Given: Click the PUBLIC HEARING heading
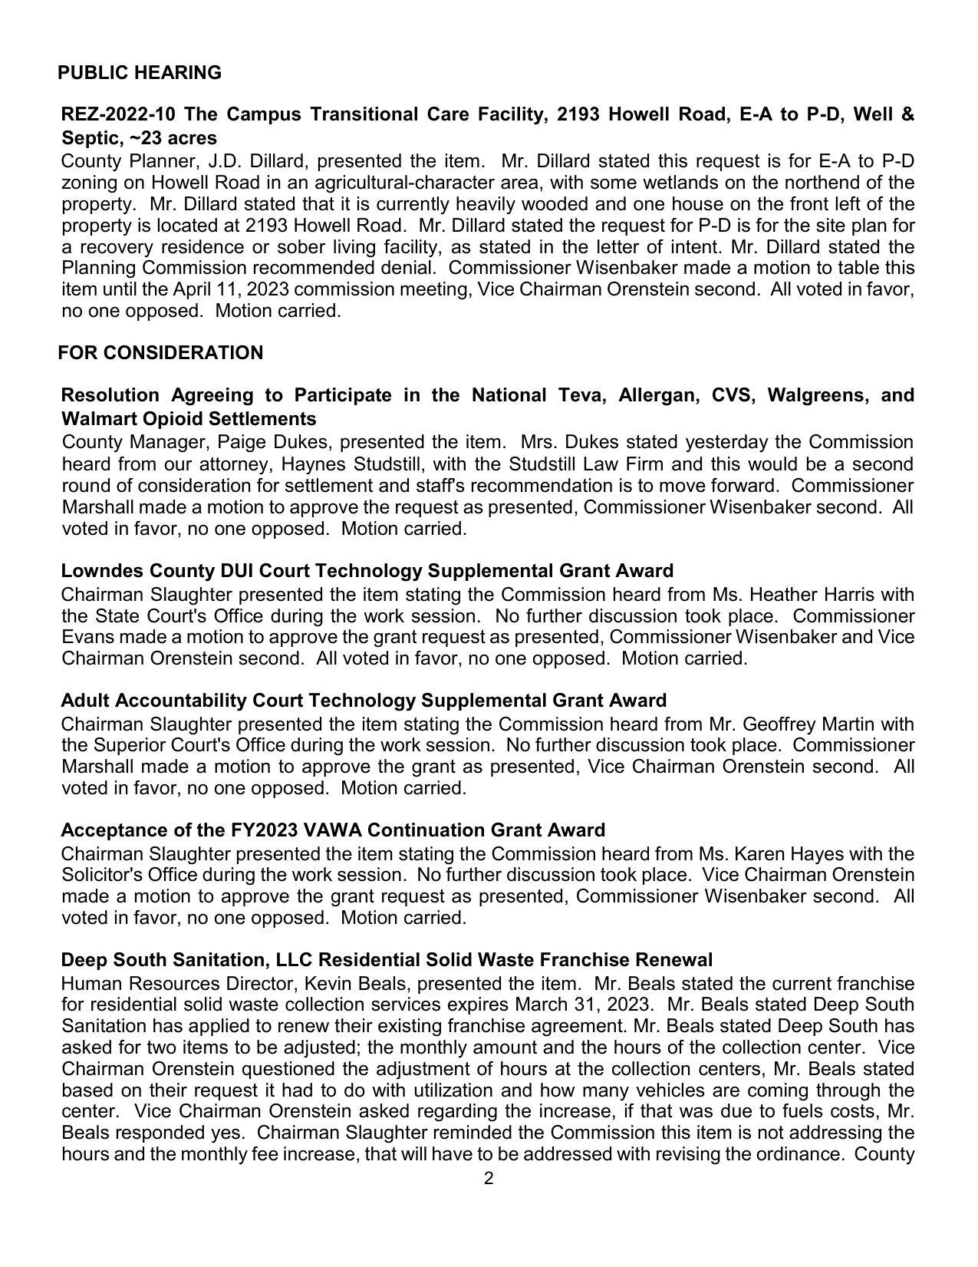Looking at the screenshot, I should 139,73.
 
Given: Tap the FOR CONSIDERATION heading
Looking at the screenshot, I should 160,353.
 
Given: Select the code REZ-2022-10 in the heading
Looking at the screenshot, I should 118,115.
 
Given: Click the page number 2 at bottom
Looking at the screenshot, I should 489,1179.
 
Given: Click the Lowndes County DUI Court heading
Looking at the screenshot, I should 367,572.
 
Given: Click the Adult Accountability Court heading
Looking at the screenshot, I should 363,701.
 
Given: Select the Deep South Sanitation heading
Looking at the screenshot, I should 386,961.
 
